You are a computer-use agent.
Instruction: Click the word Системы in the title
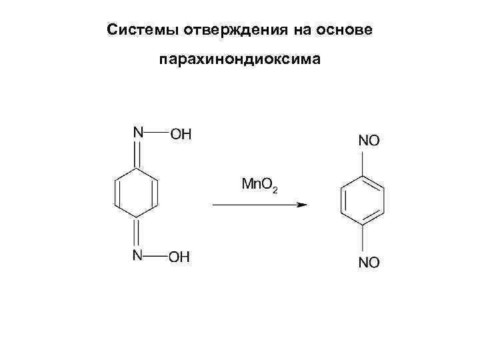pos(137,31)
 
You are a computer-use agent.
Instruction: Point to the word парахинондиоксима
pos(240,61)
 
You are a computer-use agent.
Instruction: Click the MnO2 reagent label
pos(259,184)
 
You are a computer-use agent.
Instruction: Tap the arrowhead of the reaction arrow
pos(302,205)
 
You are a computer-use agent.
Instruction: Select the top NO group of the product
pos(369,141)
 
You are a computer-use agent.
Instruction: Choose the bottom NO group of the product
pos(369,263)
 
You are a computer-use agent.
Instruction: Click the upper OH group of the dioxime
pos(181,135)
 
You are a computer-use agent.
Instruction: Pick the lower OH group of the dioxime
pos(179,257)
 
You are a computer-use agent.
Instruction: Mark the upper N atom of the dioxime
pos(138,132)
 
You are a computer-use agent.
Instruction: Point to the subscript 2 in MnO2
pos(275,191)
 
